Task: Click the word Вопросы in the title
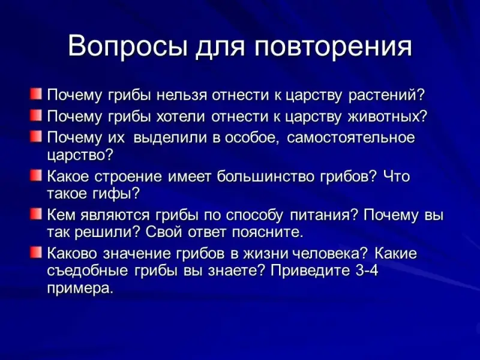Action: (128, 47)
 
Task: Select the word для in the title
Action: (220, 49)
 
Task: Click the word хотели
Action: (181, 116)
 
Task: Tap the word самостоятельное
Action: (351, 138)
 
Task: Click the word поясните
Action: (268, 233)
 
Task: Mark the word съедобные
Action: (87, 271)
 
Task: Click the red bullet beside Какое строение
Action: (35, 175)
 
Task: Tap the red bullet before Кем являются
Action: (35, 214)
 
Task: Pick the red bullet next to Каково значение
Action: (35, 253)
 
